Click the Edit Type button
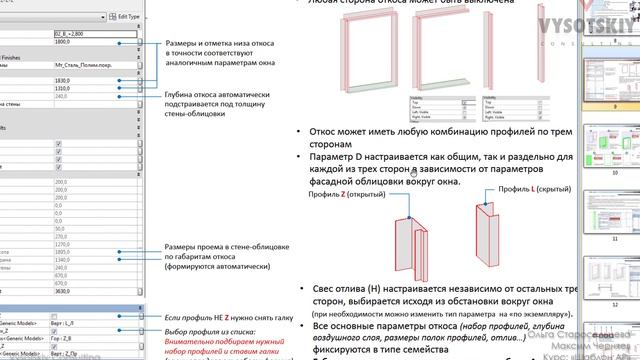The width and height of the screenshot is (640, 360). pyautogui.click(x=123, y=18)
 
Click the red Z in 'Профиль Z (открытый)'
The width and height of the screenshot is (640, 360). pyautogui.click(x=342, y=194)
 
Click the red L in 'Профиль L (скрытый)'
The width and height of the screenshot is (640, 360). pyautogui.click(x=533, y=188)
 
